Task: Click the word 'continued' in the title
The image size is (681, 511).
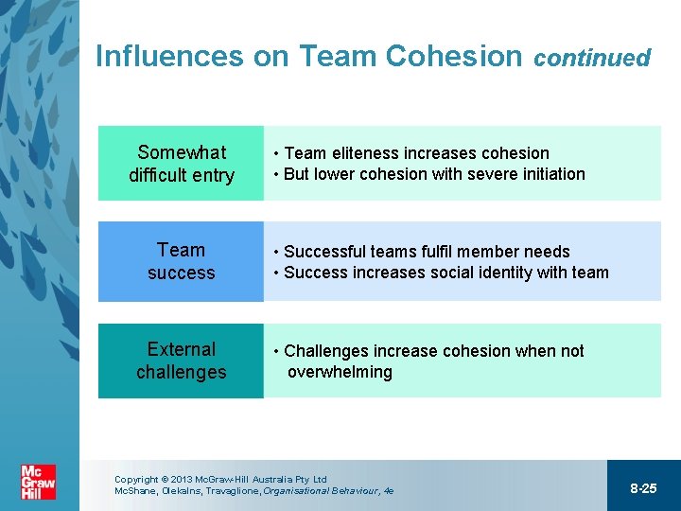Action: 592,59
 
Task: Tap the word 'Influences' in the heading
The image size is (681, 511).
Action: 170,56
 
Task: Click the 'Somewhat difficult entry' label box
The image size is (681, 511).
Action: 181,164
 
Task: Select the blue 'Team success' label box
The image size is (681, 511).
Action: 181,261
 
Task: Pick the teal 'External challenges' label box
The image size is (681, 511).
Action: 181,361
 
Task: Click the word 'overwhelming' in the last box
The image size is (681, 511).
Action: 340,372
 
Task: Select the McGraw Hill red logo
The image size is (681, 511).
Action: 39,483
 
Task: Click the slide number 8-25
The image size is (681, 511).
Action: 643,488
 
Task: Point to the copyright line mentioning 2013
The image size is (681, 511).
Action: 220,480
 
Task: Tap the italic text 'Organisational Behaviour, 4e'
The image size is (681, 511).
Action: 328,491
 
